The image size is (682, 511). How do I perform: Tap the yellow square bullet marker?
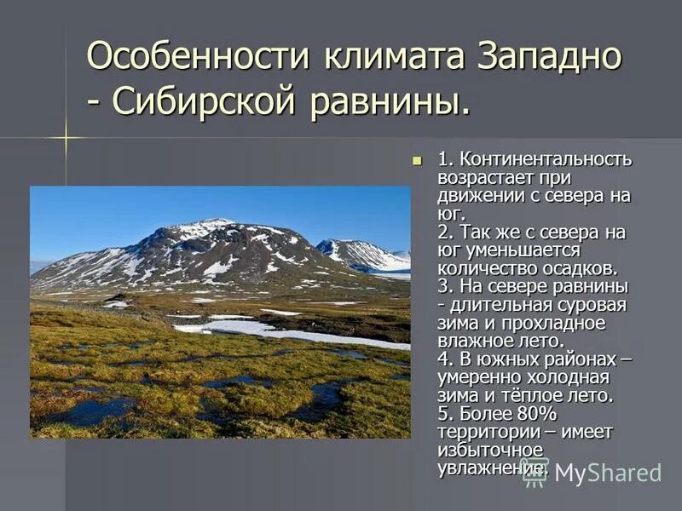pos(417,159)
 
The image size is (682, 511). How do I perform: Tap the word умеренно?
pos(478,377)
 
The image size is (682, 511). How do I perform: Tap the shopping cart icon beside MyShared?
pos(535,471)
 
